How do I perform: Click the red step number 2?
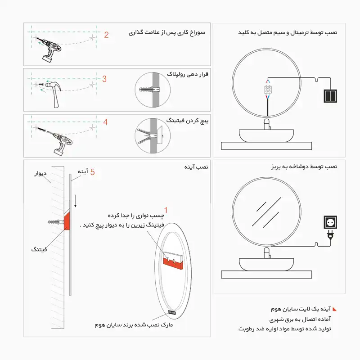(x=106, y=35)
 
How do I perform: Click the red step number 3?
(x=104, y=79)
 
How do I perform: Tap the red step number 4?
(x=105, y=122)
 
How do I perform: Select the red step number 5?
(x=92, y=172)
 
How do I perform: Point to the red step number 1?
(x=166, y=210)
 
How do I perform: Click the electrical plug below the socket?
(x=332, y=235)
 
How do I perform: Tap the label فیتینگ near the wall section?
(x=39, y=249)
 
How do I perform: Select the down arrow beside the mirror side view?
(x=76, y=202)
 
